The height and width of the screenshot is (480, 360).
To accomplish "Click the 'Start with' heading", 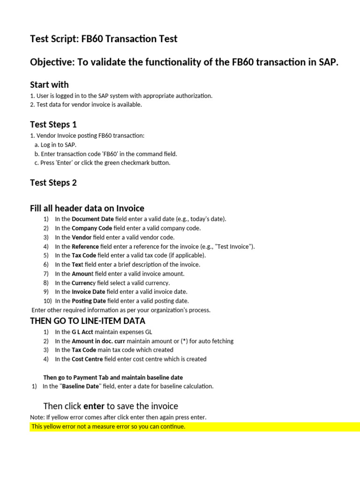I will [x=49, y=85].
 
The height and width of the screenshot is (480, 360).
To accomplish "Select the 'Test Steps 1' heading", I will [x=53, y=125].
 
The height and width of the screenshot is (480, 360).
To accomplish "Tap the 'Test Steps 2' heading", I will [x=53, y=183].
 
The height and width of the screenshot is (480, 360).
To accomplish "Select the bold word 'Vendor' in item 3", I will [x=82, y=237].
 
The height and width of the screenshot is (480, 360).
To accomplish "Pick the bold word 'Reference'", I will [x=85, y=247].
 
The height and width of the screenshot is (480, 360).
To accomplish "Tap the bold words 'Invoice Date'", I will [x=88, y=292].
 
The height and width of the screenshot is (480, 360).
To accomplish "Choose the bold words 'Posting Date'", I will [x=89, y=301].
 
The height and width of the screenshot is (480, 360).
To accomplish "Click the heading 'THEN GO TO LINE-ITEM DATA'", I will [x=88, y=321].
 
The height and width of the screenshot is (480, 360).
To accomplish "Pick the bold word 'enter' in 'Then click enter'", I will [x=94, y=406].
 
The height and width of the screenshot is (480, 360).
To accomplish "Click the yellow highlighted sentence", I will [x=108, y=427].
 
